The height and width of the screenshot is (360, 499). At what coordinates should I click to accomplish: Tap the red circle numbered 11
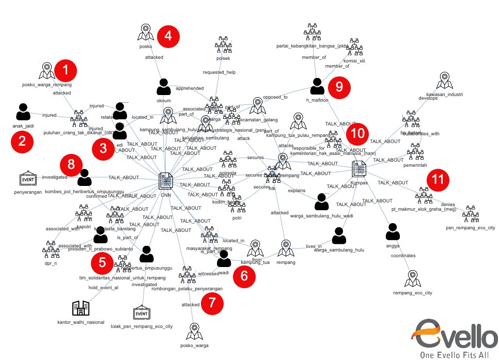438,180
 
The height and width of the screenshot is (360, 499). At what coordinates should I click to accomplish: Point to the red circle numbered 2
22,142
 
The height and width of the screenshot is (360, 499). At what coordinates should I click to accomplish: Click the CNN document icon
166,181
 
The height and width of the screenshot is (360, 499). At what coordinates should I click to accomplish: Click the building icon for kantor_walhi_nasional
81,308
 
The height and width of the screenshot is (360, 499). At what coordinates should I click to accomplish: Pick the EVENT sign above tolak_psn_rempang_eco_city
141,313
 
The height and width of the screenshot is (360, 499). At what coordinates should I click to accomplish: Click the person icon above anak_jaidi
23,112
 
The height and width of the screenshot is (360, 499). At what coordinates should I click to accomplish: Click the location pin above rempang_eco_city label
412,279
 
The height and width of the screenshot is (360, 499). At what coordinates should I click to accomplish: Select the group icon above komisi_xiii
355,47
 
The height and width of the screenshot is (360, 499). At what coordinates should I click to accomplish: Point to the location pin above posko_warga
194,330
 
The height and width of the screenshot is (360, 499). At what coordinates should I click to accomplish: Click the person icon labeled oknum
164,86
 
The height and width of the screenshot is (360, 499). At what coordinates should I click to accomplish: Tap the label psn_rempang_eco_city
470,227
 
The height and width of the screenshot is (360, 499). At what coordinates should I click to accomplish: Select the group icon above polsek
223,46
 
